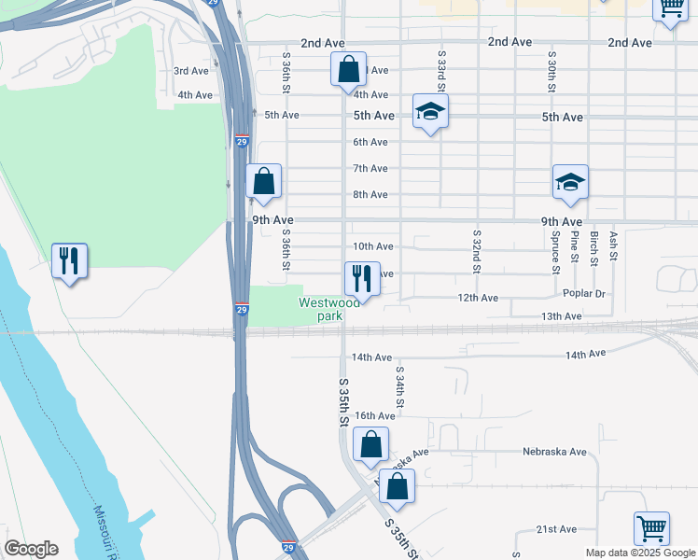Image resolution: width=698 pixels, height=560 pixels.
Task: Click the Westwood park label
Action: pyautogui.click(x=328, y=309)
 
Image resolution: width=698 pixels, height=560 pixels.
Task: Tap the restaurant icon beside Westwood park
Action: pyautogui.click(x=362, y=278)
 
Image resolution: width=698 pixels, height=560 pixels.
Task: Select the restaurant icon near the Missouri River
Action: pyautogui.click(x=69, y=260)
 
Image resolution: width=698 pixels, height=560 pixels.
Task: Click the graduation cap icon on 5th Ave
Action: pyautogui.click(x=430, y=112)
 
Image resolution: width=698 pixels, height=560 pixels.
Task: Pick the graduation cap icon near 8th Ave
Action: pyautogui.click(x=570, y=183)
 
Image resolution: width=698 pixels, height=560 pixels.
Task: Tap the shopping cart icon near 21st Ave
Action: pyautogui.click(x=651, y=529)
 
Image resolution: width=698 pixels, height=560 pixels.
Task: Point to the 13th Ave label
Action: pyautogui.click(x=561, y=317)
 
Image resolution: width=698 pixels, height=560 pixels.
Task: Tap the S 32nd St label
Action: pyautogui.click(x=477, y=251)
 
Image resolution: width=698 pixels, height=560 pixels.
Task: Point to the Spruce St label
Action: pyautogui.click(x=554, y=252)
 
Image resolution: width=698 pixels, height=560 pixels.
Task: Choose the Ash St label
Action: pyautogui.click(x=613, y=246)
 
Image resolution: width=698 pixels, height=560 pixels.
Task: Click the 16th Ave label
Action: pyautogui.click(x=376, y=416)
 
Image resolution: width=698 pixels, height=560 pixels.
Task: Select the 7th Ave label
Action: pyautogui.click(x=370, y=168)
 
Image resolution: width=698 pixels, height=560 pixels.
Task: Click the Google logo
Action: pyautogui.click(x=31, y=549)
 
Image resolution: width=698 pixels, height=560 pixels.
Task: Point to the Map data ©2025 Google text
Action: pyautogui.click(x=639, y=553)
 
